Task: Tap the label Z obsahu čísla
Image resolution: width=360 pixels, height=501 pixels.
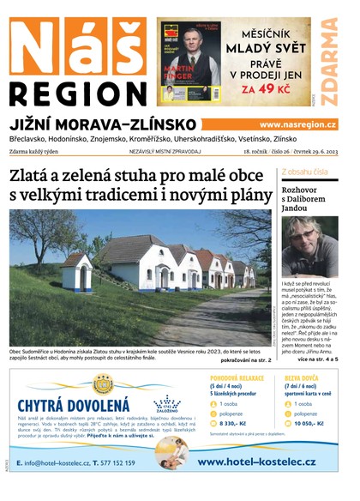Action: pos(304,172)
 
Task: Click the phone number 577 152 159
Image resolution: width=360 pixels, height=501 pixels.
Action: pos(111,463)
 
